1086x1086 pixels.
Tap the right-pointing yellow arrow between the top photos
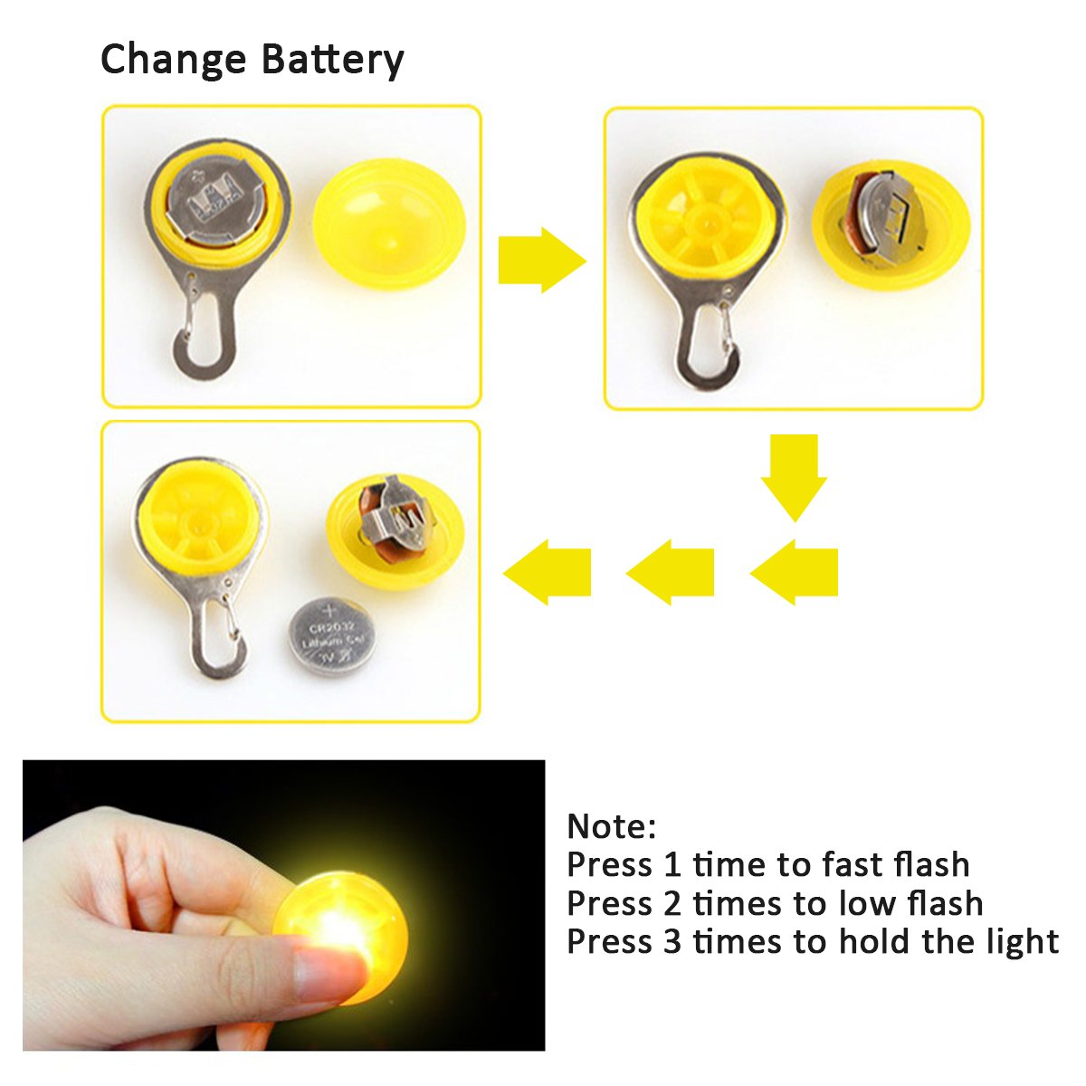(541, 260)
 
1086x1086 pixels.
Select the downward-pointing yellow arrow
(794, 476)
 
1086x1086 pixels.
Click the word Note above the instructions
(607, 826)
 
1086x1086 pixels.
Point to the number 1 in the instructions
(672, 865)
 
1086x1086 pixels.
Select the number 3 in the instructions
(672, 942)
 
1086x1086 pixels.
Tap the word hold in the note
(875, 941)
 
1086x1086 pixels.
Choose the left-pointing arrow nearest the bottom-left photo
(548, 572)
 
